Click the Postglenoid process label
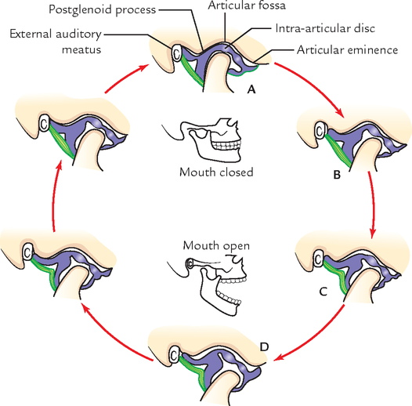[x=103, y=10]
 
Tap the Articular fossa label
[x=247, y=5]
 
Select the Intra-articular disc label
[x=325, y=28]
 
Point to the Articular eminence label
[x=347, y=49]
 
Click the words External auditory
[x=56, y=34]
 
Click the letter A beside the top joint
[x=251, y=90]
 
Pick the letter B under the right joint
[x=337, y=175]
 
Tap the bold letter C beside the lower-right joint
[x=323, y=292]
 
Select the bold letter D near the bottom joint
[x=264, y=347]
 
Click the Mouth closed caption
[x=216, y=172]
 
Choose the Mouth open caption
[x=216, y=245]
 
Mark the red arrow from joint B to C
[x=373, y=205]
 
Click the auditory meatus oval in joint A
[x=176, y=53]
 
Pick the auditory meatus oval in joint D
[x=173, y=355]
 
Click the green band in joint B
[x=338, y=150]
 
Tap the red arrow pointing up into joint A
[x=125, y=78]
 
